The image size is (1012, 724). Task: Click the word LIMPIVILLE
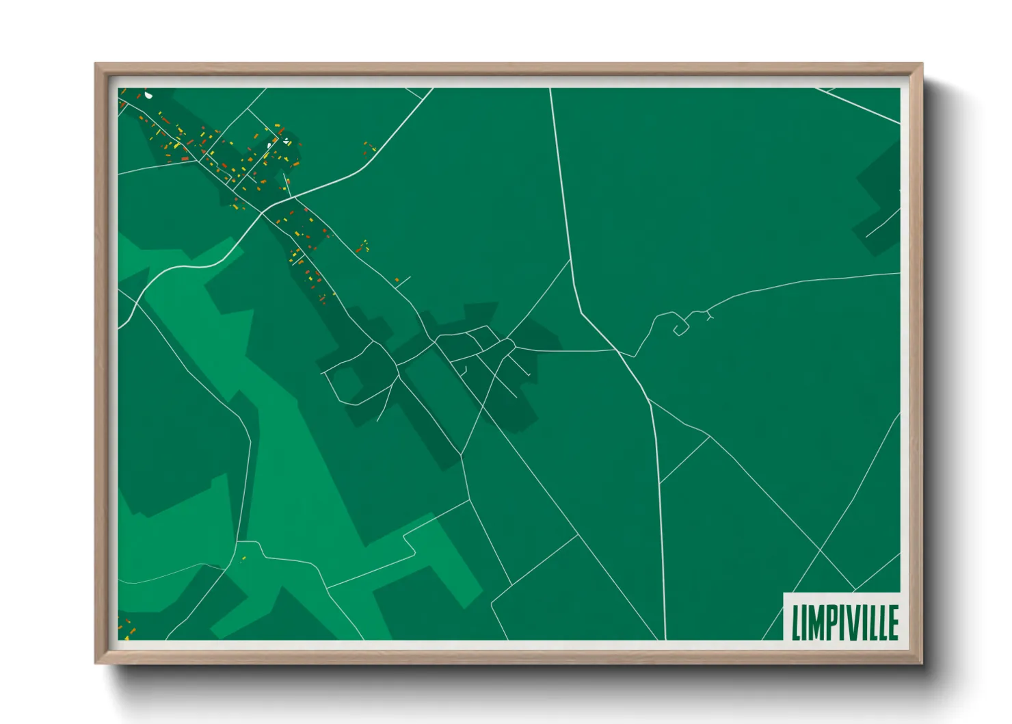click(844, 621)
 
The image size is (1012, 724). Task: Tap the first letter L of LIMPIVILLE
click(796, 621)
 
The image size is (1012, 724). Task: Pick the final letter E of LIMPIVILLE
click(893, 621)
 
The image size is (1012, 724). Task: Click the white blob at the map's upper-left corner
click(148, 95)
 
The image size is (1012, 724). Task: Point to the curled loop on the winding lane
click(680, 330)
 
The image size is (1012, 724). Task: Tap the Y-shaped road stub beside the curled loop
click(708, 315)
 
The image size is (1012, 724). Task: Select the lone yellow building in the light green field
click(243, 559)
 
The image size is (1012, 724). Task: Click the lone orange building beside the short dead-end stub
click(397, 280)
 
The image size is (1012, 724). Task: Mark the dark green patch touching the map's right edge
click(881, 198)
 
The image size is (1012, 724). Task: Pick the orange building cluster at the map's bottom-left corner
click(126, 627)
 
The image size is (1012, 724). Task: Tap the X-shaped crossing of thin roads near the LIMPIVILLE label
click(820, 550)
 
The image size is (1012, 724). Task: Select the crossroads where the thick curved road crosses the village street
click(262, 213)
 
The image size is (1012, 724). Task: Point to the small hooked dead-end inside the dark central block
click(464, 371)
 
